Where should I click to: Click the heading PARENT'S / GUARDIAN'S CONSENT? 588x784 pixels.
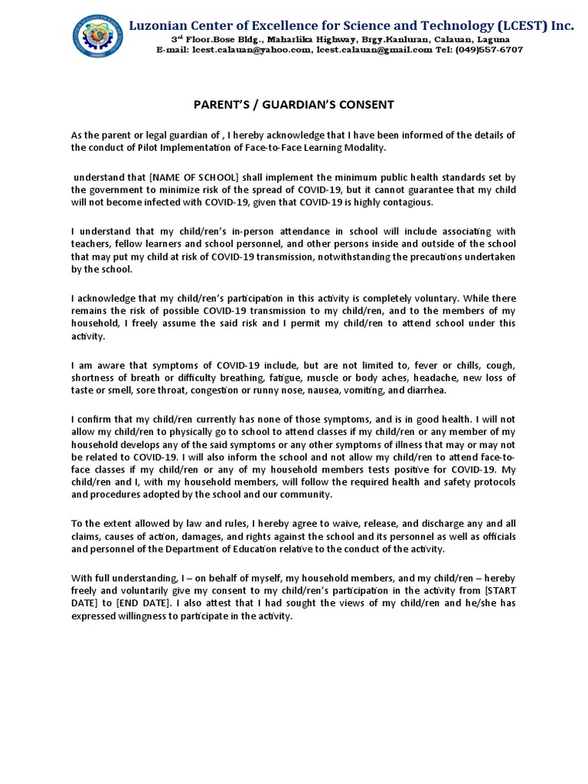[x=293, y=104]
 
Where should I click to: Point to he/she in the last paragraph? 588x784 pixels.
[x=482, y=603]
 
